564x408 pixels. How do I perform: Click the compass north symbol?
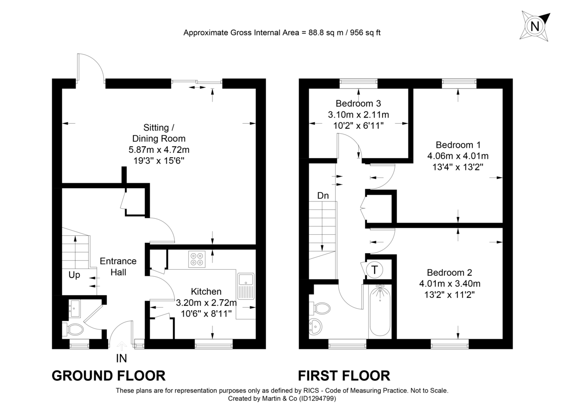[534, 26]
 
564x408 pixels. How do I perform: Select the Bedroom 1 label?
[458, 144]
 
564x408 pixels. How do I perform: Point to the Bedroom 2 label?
[449, 272]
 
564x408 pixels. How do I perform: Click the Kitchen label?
[206, 292]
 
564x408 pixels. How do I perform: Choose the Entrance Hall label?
[117, 266]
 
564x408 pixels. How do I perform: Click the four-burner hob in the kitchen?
[196, 258]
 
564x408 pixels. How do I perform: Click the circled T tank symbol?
[375, 270]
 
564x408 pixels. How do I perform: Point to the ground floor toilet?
[73, 328]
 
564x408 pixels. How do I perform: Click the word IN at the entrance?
[121, 359]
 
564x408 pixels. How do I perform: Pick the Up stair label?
[74, 275]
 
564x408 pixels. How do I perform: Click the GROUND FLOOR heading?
[108, 376]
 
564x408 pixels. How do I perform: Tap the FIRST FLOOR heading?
[344, 376]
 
